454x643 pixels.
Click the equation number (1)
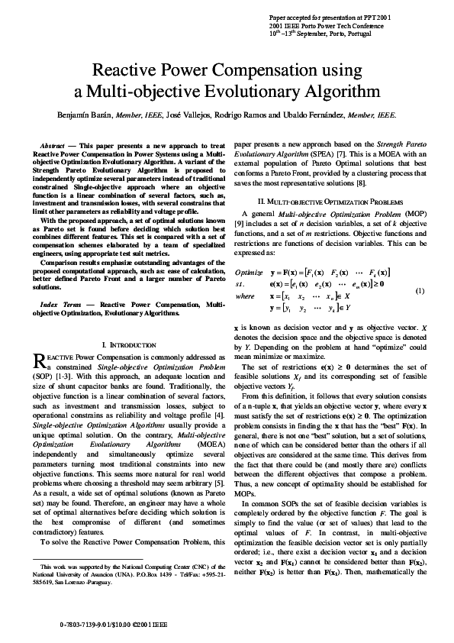point(419,291)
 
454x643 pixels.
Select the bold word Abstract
point(52,144)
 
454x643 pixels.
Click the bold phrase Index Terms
point(60,304)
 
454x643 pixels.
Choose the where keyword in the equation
point(245,296)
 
